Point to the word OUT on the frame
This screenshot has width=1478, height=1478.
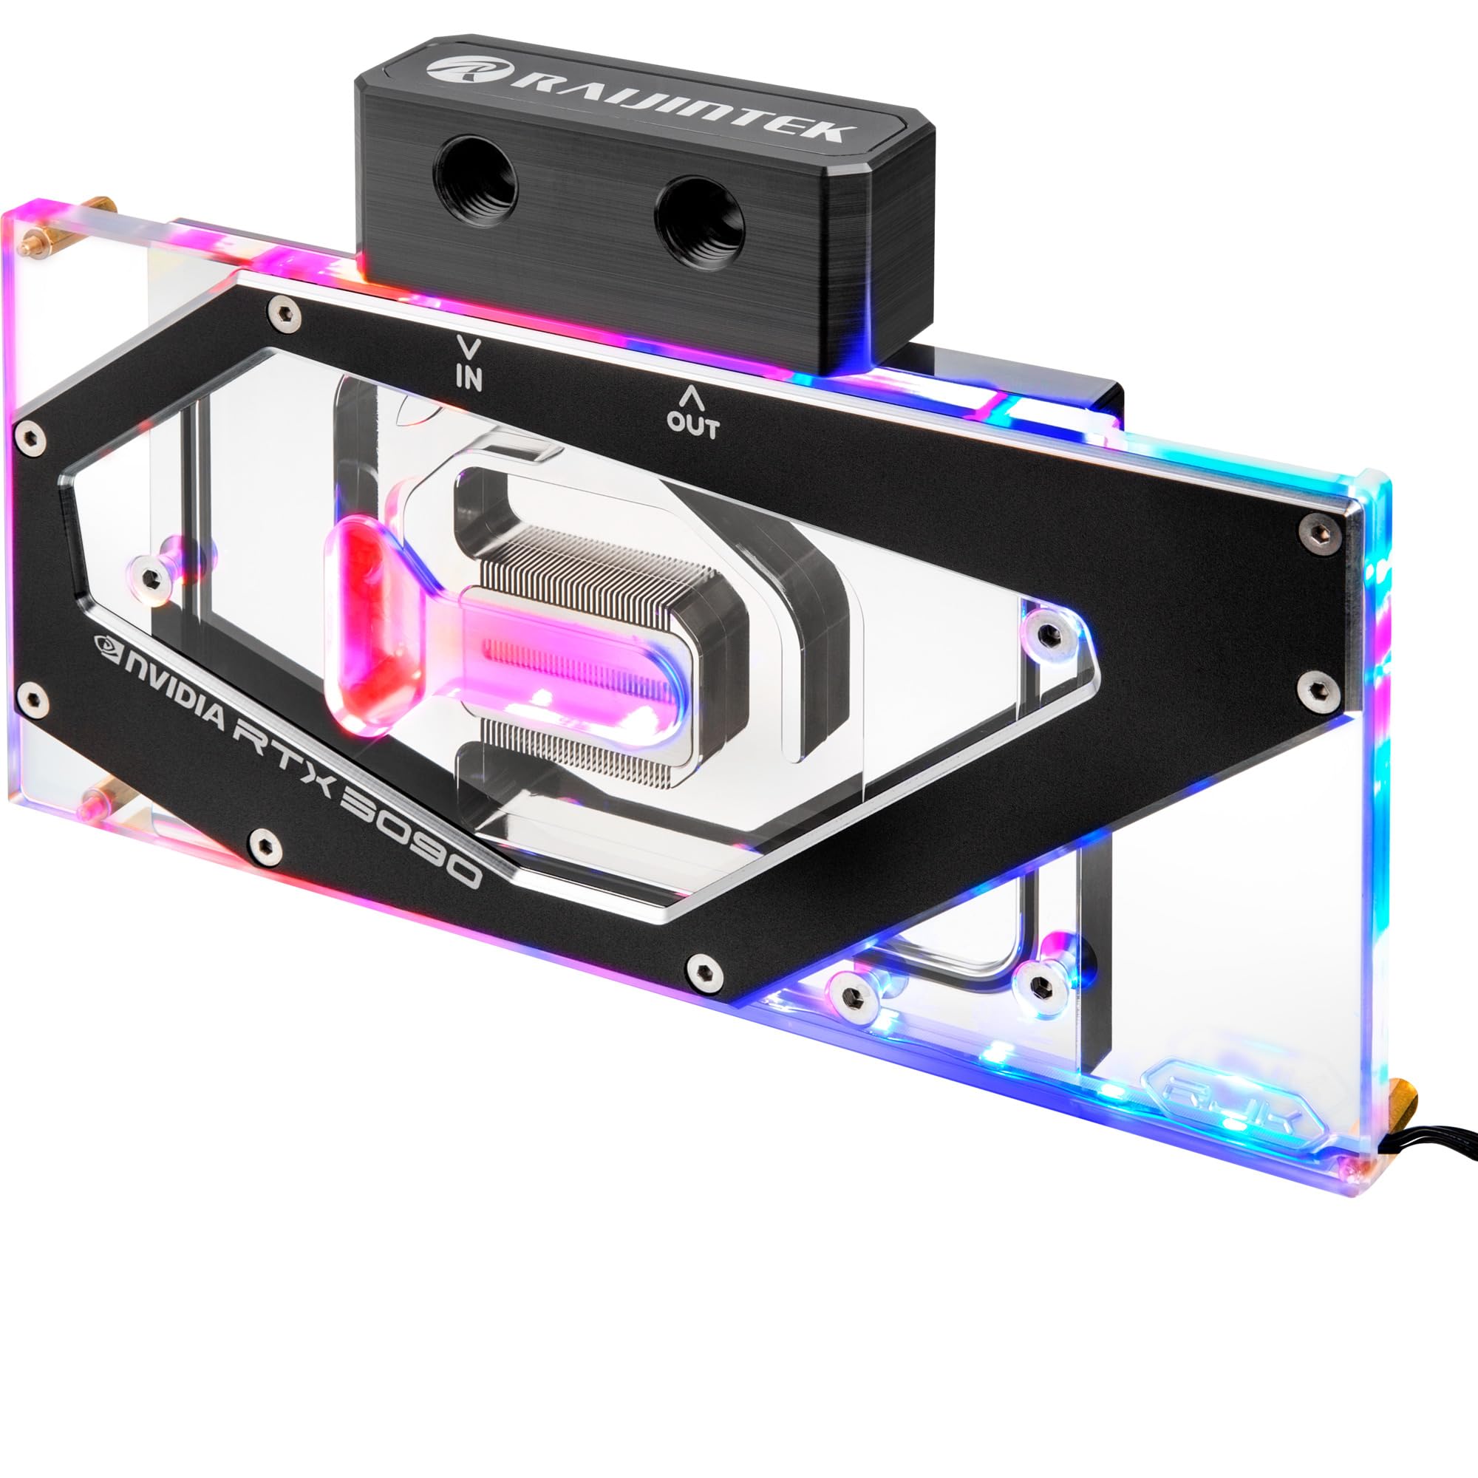692,426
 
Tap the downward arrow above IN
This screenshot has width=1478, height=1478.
469,349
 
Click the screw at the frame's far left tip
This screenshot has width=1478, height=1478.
30,438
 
